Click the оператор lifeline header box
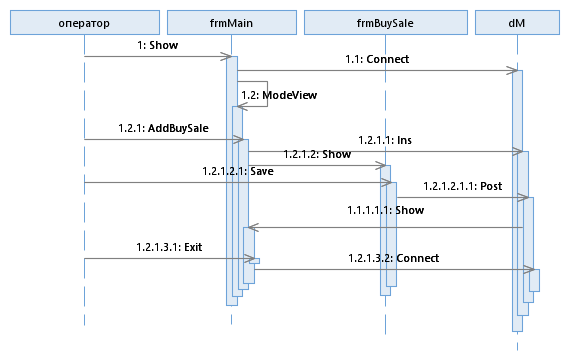[85, 23]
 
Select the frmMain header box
[232, 23]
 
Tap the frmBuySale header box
[386, 23]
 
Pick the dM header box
[517, 23]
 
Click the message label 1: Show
[157, 45]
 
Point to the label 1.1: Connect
[377, 59]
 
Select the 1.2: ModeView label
[279, 95]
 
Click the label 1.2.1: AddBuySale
[163, 128]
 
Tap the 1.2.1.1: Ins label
[385, 140]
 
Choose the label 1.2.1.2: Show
[317, 154]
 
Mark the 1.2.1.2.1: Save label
[238, 171]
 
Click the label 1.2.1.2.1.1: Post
[462, 186]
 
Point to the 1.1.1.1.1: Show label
[386, 210]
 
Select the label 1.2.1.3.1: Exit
[169, 247]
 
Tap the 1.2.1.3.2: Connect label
[394, 258]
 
